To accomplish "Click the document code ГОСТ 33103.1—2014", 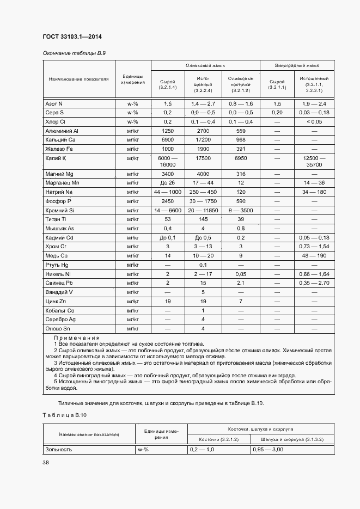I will coord(72,36).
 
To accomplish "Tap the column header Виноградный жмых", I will coord(297,65).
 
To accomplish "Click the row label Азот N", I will coord(54,103).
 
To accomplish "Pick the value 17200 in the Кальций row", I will coord(203,140).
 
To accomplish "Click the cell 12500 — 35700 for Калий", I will coord(315,161).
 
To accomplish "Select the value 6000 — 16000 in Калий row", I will coord(167,161).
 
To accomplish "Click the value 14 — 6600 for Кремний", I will coord(167,210).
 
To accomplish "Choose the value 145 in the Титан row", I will coord(203,219).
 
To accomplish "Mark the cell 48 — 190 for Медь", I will coord(315,255).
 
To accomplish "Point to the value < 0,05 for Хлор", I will coord(315,122).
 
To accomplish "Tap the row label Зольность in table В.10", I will coord(59,450).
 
